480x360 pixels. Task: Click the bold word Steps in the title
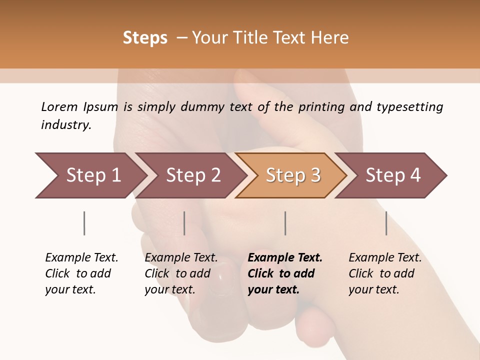145,38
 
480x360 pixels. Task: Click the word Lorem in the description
59,106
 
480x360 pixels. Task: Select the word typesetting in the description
409,107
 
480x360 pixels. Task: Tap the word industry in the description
66,124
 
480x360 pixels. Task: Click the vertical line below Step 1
84,223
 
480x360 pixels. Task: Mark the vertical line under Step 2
184,223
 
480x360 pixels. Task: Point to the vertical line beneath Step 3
285,223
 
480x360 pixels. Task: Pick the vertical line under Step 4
386,223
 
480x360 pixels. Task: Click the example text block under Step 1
81,273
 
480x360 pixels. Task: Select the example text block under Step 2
181,273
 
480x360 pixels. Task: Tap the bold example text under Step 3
285,273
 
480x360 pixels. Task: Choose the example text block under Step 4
385,273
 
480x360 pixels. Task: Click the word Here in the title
330,38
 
